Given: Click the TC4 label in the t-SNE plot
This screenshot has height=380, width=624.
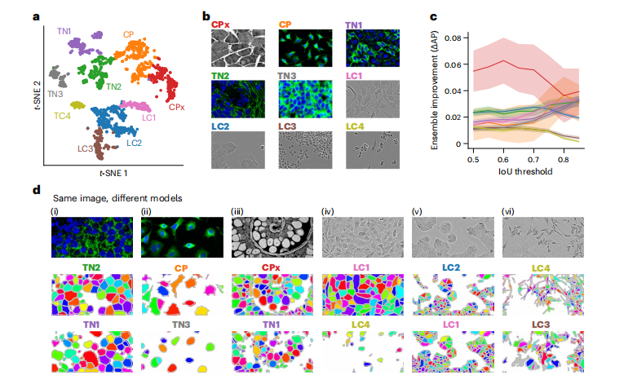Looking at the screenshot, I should [x=61, y=117].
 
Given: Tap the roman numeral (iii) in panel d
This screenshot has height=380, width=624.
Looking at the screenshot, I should [x=238, y=210].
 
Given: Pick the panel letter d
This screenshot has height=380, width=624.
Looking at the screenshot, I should [x=36, y=191].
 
